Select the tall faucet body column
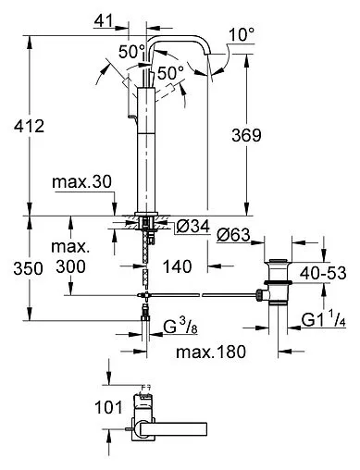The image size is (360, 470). pos(149,148)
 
